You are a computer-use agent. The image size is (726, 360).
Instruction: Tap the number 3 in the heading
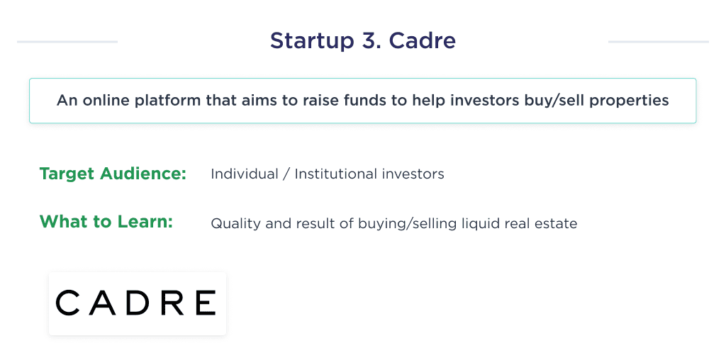(x=369, y=41)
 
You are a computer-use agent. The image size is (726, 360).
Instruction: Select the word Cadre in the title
(x=423, y=41)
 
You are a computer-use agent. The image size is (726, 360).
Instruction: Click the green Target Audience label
(x=113, y=174)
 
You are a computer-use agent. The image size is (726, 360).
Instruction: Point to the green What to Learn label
(x=106, y=221)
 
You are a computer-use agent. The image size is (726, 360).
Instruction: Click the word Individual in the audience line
(x=244, y=174)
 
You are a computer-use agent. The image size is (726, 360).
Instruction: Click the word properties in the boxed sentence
(x=634, y=100)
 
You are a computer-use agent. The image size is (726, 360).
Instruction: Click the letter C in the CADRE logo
(x=69, y=303)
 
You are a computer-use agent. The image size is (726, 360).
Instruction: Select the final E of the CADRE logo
(x=205, y=303)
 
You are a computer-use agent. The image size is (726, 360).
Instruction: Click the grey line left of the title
(x=67, y=42)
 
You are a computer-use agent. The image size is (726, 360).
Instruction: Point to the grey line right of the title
(x=658, y=42)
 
